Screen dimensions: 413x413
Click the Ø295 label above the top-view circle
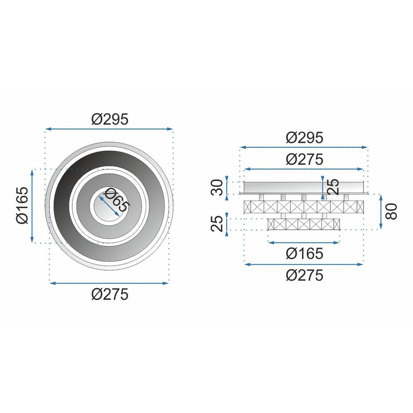(x=109, y=119)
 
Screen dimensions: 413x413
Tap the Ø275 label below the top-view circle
(x=109, y=294)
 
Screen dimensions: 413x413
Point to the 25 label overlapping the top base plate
(x=333, y=187)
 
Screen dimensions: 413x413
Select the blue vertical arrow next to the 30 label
(x=227, y=188)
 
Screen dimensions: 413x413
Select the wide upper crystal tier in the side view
(x=304, y=206)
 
